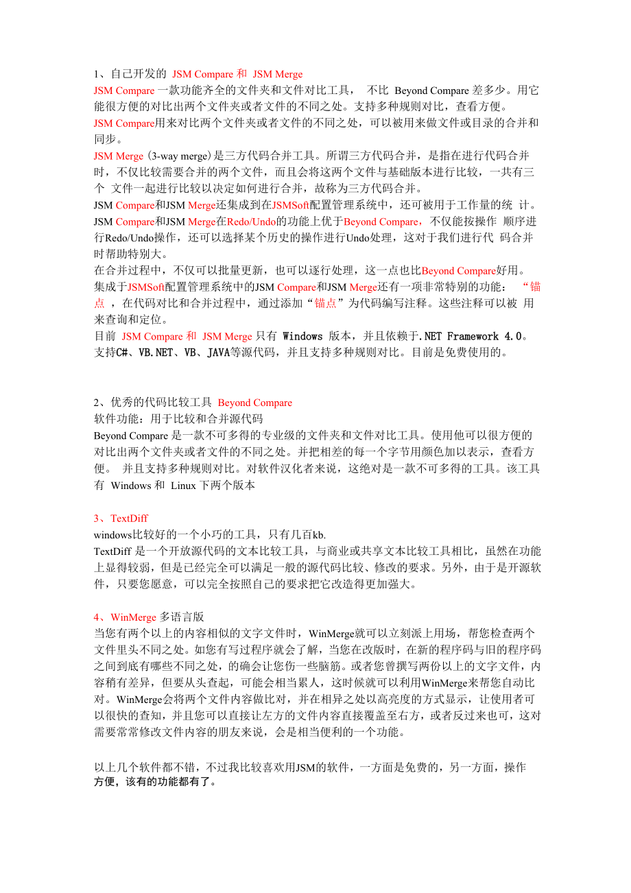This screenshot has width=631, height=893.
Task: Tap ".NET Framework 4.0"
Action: pyautogui.click(x=469, y=337)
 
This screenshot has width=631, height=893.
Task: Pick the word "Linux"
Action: pyautogui.click(x=182, y=486)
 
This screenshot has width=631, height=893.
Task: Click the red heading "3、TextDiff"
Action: pyautogui.click(x=121, y=519)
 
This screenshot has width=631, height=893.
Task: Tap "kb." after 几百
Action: pyautogui.click(x=319, y=535)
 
